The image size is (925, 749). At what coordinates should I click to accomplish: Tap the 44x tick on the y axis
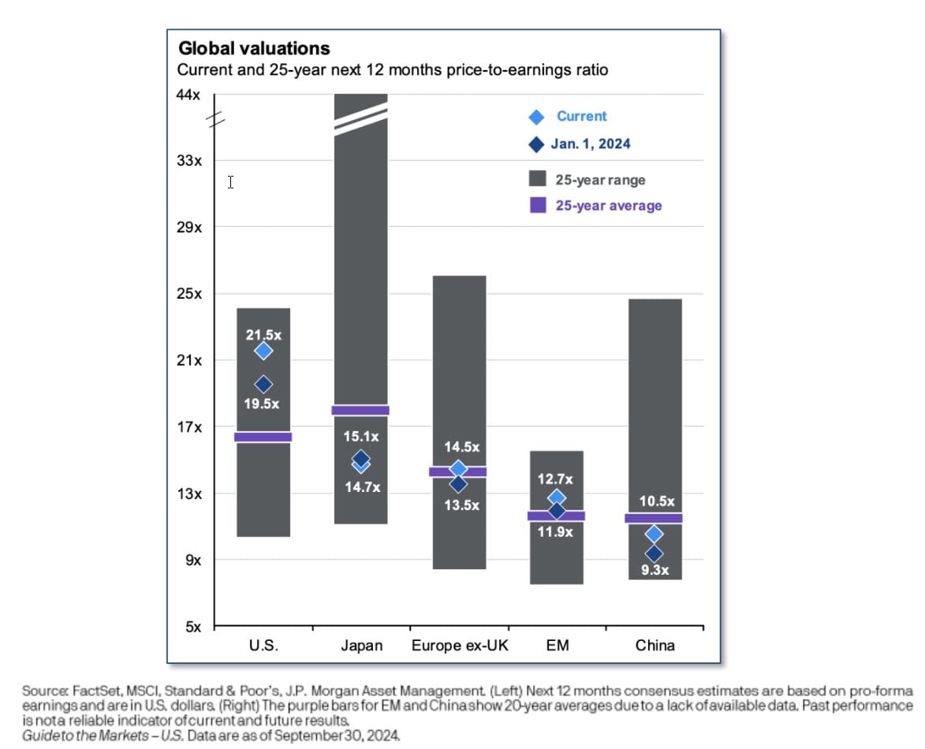[x=189, y=95]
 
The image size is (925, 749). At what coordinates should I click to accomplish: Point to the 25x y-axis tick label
[x=189, y=294]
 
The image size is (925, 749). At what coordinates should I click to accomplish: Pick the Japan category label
[x=361, y=646]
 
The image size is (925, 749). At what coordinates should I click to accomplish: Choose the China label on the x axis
[x=655, y=646]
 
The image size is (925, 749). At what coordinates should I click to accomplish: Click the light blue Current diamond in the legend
[x=536, y=117]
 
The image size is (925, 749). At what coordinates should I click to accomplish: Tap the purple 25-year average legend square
[x=538, y=205]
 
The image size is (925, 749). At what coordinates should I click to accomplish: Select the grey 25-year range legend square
[x=538, y=180]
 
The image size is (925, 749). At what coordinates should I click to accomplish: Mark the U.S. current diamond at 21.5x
[x=263, y=351]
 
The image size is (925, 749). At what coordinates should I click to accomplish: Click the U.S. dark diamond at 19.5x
[x=263, y=385]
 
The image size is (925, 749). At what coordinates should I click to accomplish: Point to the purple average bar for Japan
[x=360, y=410]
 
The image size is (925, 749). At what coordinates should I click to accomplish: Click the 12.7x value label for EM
[x=556, y=479]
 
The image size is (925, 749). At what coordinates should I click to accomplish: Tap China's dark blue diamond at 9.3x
[x=654, y=554]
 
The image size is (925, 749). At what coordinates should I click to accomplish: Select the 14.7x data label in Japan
[x=361, y=488]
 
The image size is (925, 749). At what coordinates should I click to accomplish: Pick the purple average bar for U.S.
[x=263, y=437]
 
